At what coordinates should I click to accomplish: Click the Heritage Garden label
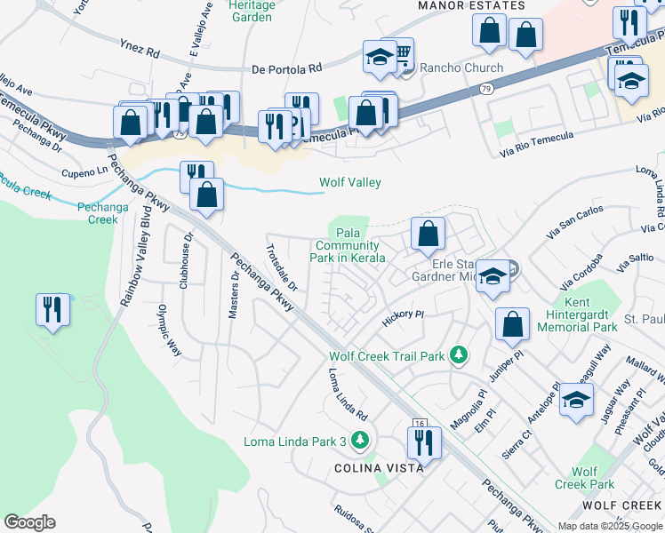(251, 11)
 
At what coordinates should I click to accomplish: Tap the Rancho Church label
(461, 68)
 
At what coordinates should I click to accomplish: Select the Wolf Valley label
(350, 183)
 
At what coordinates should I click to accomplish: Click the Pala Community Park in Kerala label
(349, 246)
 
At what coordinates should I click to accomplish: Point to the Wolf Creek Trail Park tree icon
(459, 356)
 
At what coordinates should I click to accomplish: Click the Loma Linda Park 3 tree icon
(359, 440)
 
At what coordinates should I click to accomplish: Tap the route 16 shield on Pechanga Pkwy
(420, 426)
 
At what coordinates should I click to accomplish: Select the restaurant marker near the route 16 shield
(424, 442)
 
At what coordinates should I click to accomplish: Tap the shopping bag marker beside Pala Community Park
(428, 235)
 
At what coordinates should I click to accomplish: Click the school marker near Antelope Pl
(577, 401)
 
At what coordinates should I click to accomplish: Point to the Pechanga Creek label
(98, 213)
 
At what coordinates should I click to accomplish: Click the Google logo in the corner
(29, 521)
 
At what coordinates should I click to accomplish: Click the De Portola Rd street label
(287, 68)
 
